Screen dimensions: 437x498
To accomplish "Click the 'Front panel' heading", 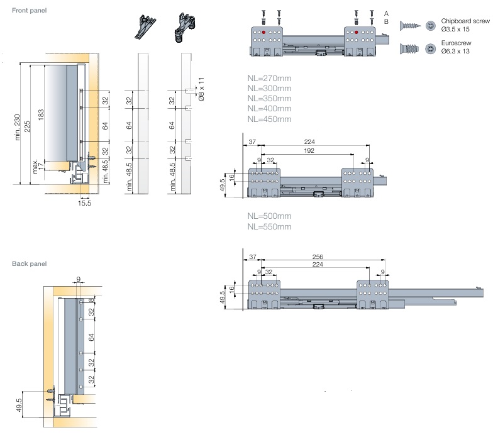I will (29, 11).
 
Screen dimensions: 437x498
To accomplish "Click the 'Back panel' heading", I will (29, 263).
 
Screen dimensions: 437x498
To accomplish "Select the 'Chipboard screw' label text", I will (465, 21).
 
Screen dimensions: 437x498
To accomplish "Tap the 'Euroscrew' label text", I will (456, 44).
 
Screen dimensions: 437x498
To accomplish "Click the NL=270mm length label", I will (269, 79).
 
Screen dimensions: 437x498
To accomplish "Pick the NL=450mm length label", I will (269, 119).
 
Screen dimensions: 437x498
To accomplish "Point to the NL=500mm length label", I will (269, 216).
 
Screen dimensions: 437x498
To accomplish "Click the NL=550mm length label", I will (269, 226).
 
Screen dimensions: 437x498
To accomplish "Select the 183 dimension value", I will (41, 115).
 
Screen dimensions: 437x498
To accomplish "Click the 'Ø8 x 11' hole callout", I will (201, 89).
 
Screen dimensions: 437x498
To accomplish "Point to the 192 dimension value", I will (308, 152).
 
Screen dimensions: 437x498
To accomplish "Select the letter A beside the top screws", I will (386, 13).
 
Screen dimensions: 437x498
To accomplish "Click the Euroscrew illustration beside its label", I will (409, 48).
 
